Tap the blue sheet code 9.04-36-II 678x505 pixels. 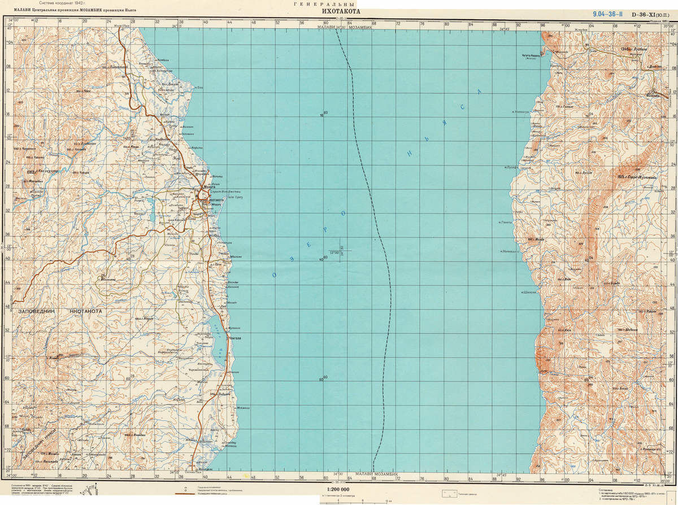click(x=607, y=14)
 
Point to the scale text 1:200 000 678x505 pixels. click(x=338, y=489)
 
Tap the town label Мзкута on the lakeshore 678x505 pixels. click(x=202, y=188)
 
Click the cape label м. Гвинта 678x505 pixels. click(x=505, y=222)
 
